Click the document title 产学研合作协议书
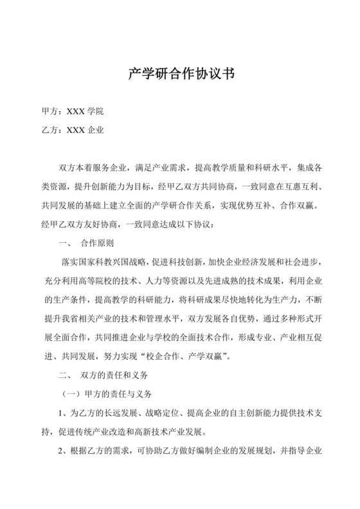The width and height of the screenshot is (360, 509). tap(179, 72)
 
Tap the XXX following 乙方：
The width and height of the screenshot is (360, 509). tap(74, 130)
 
